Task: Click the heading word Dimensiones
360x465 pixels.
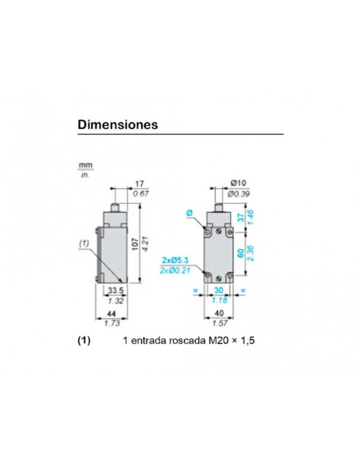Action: pos(117,125)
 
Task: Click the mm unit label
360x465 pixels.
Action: pos(84,166)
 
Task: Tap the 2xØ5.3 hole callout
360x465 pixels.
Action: pos(176,260)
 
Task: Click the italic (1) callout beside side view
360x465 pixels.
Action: pos(84,244)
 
